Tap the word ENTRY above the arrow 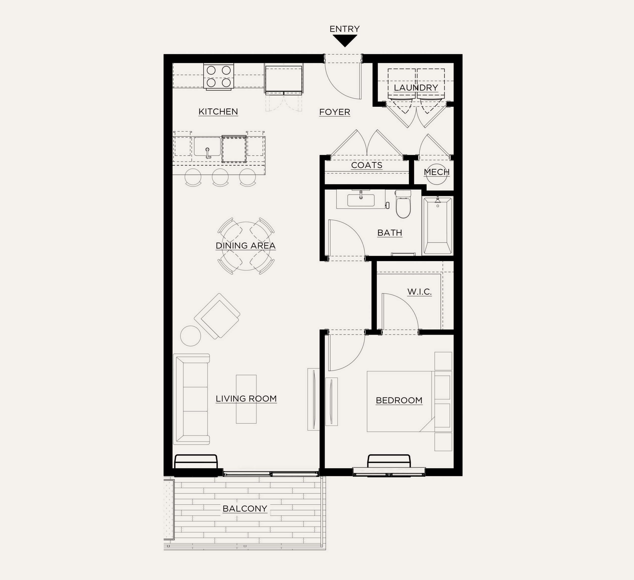tap(345, 29)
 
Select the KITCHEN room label tap(218, 111)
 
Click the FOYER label tap(335, 112)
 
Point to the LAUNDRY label tap(416, 87)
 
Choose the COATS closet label tap(367, 165)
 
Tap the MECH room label tap(437, 172)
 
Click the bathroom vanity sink tap(361, 200)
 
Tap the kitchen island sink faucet tap(208, 153)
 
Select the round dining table tap(246, 246)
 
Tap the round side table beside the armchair tap(191, 336)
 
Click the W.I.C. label tap(420, 291)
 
